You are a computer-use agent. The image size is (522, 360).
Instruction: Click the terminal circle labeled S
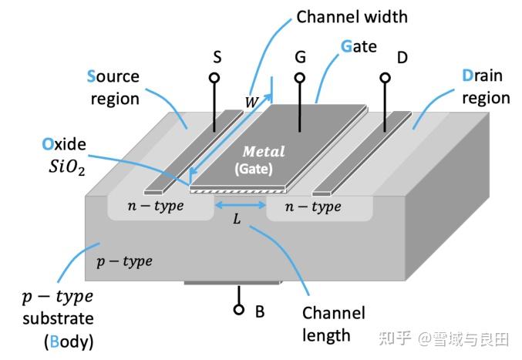214,78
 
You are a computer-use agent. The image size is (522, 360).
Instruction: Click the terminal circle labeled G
299,78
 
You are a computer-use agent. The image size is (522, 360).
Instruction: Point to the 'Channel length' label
333,324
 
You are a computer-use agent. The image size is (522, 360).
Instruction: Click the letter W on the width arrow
251,101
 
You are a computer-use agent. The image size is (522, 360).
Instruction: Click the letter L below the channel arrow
237,220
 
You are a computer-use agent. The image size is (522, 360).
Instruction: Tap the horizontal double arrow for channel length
239,205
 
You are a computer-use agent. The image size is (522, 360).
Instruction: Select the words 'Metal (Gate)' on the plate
264,158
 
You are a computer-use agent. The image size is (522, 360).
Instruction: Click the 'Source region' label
113,87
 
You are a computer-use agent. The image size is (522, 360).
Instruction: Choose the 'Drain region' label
485,86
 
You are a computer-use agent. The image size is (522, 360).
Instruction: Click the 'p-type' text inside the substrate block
124,261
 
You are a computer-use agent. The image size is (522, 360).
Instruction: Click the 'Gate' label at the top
359,47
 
